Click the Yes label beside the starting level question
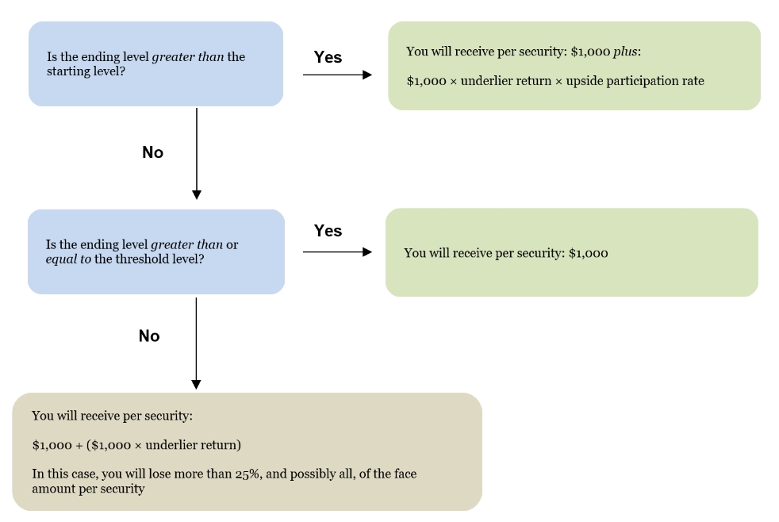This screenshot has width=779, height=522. tap(328, 57)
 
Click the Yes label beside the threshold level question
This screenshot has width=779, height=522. tap(328, 230)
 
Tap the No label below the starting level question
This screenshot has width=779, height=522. tap(152, 152)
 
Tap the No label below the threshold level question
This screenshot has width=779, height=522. tap(149, 336)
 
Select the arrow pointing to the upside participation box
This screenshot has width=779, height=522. tap(337, 75)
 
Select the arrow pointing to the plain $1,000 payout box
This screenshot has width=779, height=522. tap(337, 251)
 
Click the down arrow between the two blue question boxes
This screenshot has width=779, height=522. tap(197, 153)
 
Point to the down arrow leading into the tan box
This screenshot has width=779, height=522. tap(196, 344)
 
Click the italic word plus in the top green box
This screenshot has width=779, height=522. tap(625, 52)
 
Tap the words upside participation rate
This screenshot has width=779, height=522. tap(635, 81)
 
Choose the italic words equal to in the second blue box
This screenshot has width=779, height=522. tap(68, 259)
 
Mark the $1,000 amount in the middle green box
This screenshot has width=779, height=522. tap(589, 253)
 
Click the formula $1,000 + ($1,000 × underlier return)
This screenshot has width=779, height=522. tap(136, 445)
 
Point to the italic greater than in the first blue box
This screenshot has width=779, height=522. tap(188, 57)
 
